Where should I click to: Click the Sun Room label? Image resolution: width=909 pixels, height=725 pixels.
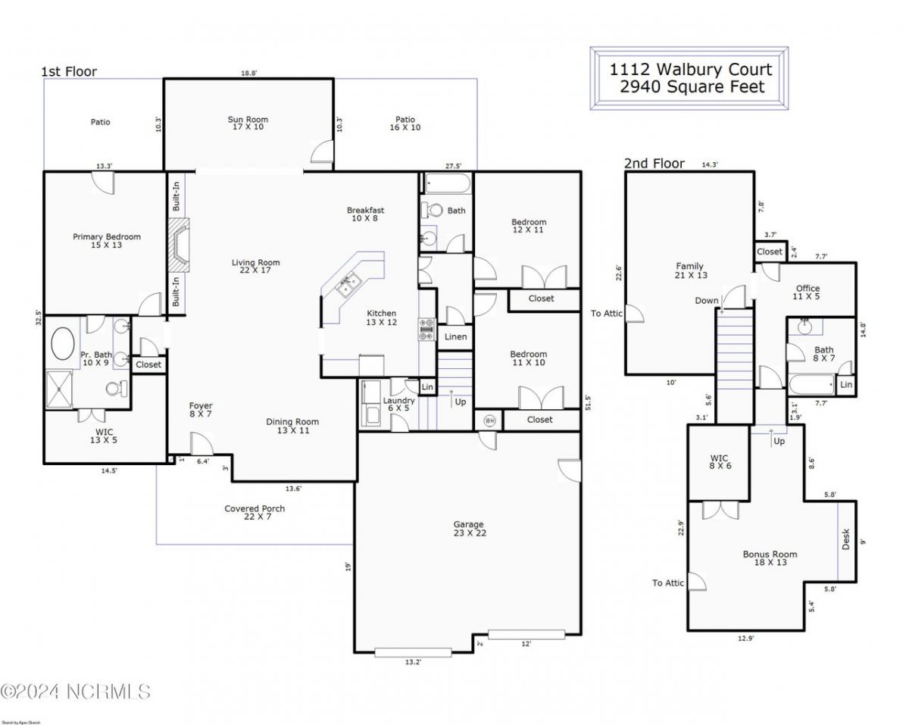click(x=248, y=123)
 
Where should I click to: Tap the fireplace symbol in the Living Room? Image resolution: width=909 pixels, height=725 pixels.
click(x=179, y=245)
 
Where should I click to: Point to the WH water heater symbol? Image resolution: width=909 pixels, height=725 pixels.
click(x=489, y=420)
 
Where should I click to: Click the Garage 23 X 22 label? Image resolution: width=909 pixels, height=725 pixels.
click(x=468, y=529)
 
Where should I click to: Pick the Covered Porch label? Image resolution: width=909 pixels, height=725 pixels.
click(x=255, y=513)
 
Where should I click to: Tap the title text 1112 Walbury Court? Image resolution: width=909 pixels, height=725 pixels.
click(x=691, y=70)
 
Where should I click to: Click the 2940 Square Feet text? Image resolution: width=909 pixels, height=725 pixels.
click(x=692, y=87)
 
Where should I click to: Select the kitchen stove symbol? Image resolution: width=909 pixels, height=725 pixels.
click(x=426, y=328)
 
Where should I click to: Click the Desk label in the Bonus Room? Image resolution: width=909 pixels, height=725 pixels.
click(x=846, y=539)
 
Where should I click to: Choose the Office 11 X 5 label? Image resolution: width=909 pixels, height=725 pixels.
click(x=807, y=292)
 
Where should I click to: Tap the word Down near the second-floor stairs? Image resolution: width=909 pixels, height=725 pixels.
click(x=706, y=301)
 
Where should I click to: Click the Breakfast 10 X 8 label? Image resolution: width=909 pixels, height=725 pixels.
click(x=365, y=214)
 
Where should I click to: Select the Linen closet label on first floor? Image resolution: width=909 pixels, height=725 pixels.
click(x=455, y=337)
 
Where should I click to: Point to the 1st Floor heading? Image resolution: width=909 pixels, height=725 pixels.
click(x=68, y=72)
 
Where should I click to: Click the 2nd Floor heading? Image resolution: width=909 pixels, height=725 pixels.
click(x=654, y=163)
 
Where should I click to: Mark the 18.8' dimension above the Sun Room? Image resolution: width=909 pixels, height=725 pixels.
click(x=248, y=73)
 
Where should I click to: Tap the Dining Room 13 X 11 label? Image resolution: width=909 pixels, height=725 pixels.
click(x=292, y=426)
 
